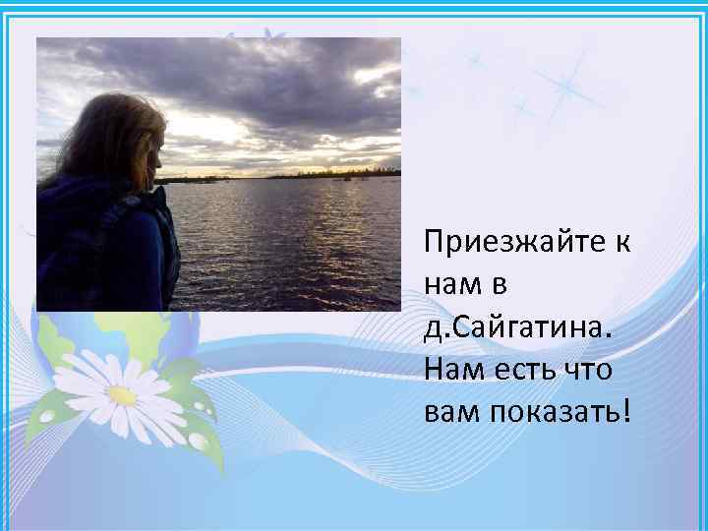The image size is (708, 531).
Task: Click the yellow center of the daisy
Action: click(x=122, y=395)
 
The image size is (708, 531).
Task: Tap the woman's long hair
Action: click(x=103, y=143)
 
